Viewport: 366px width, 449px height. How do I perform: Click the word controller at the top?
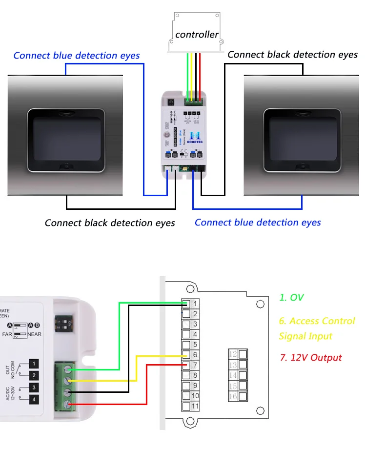click(197, 34)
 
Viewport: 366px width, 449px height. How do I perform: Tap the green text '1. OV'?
click(291, 297)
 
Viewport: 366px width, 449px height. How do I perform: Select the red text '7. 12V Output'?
click(310, 358)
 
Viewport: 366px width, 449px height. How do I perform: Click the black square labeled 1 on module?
click(34, 364)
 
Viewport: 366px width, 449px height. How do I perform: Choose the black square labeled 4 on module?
click(34, 400)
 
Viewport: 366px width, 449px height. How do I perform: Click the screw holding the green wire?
click(67, 370)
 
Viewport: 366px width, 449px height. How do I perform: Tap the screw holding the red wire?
click(67, 404)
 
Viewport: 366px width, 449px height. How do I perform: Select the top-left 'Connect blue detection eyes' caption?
click(77, 55)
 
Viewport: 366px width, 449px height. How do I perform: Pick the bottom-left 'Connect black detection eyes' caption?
click(110, 223)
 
